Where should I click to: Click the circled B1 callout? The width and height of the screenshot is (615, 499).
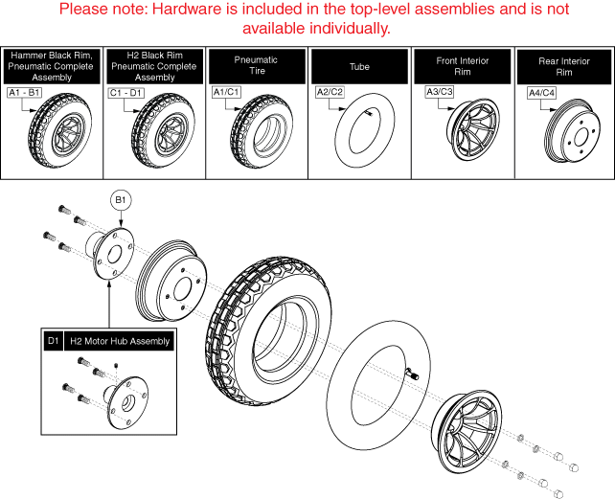point(121,201)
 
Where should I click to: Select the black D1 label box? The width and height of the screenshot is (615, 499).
point(53,341)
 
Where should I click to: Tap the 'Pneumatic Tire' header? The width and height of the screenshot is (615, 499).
point(256,66)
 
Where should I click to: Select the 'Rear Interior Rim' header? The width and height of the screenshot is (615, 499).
point(562,66)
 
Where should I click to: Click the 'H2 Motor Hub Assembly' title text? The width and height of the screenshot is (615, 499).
point(121,341)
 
